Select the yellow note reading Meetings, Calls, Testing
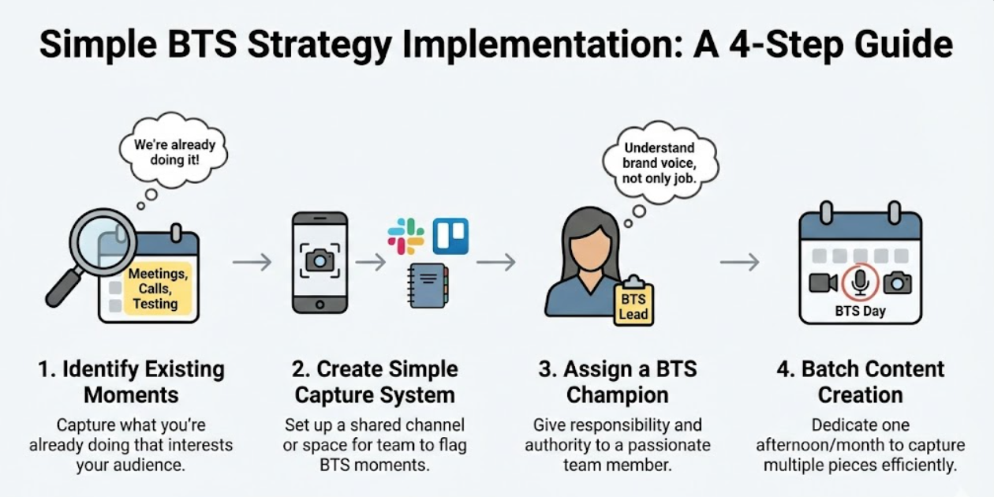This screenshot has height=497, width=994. point(157,289)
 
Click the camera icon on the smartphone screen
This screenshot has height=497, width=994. point(319,260)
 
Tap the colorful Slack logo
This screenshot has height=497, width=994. point(405,236)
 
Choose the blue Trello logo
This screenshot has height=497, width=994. point(450,236)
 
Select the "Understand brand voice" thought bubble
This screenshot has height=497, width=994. point(660,162)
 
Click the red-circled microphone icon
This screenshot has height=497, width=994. point(861,282)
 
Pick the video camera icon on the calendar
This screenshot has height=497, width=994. point(823,282)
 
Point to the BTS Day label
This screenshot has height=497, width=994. point(860,311)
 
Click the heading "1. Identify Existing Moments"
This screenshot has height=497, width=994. point(131,381)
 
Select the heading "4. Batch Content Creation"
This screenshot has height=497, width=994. point(860,381)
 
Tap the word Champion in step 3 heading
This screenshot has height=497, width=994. point(618,394)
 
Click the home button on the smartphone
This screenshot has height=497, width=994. point(319,305)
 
